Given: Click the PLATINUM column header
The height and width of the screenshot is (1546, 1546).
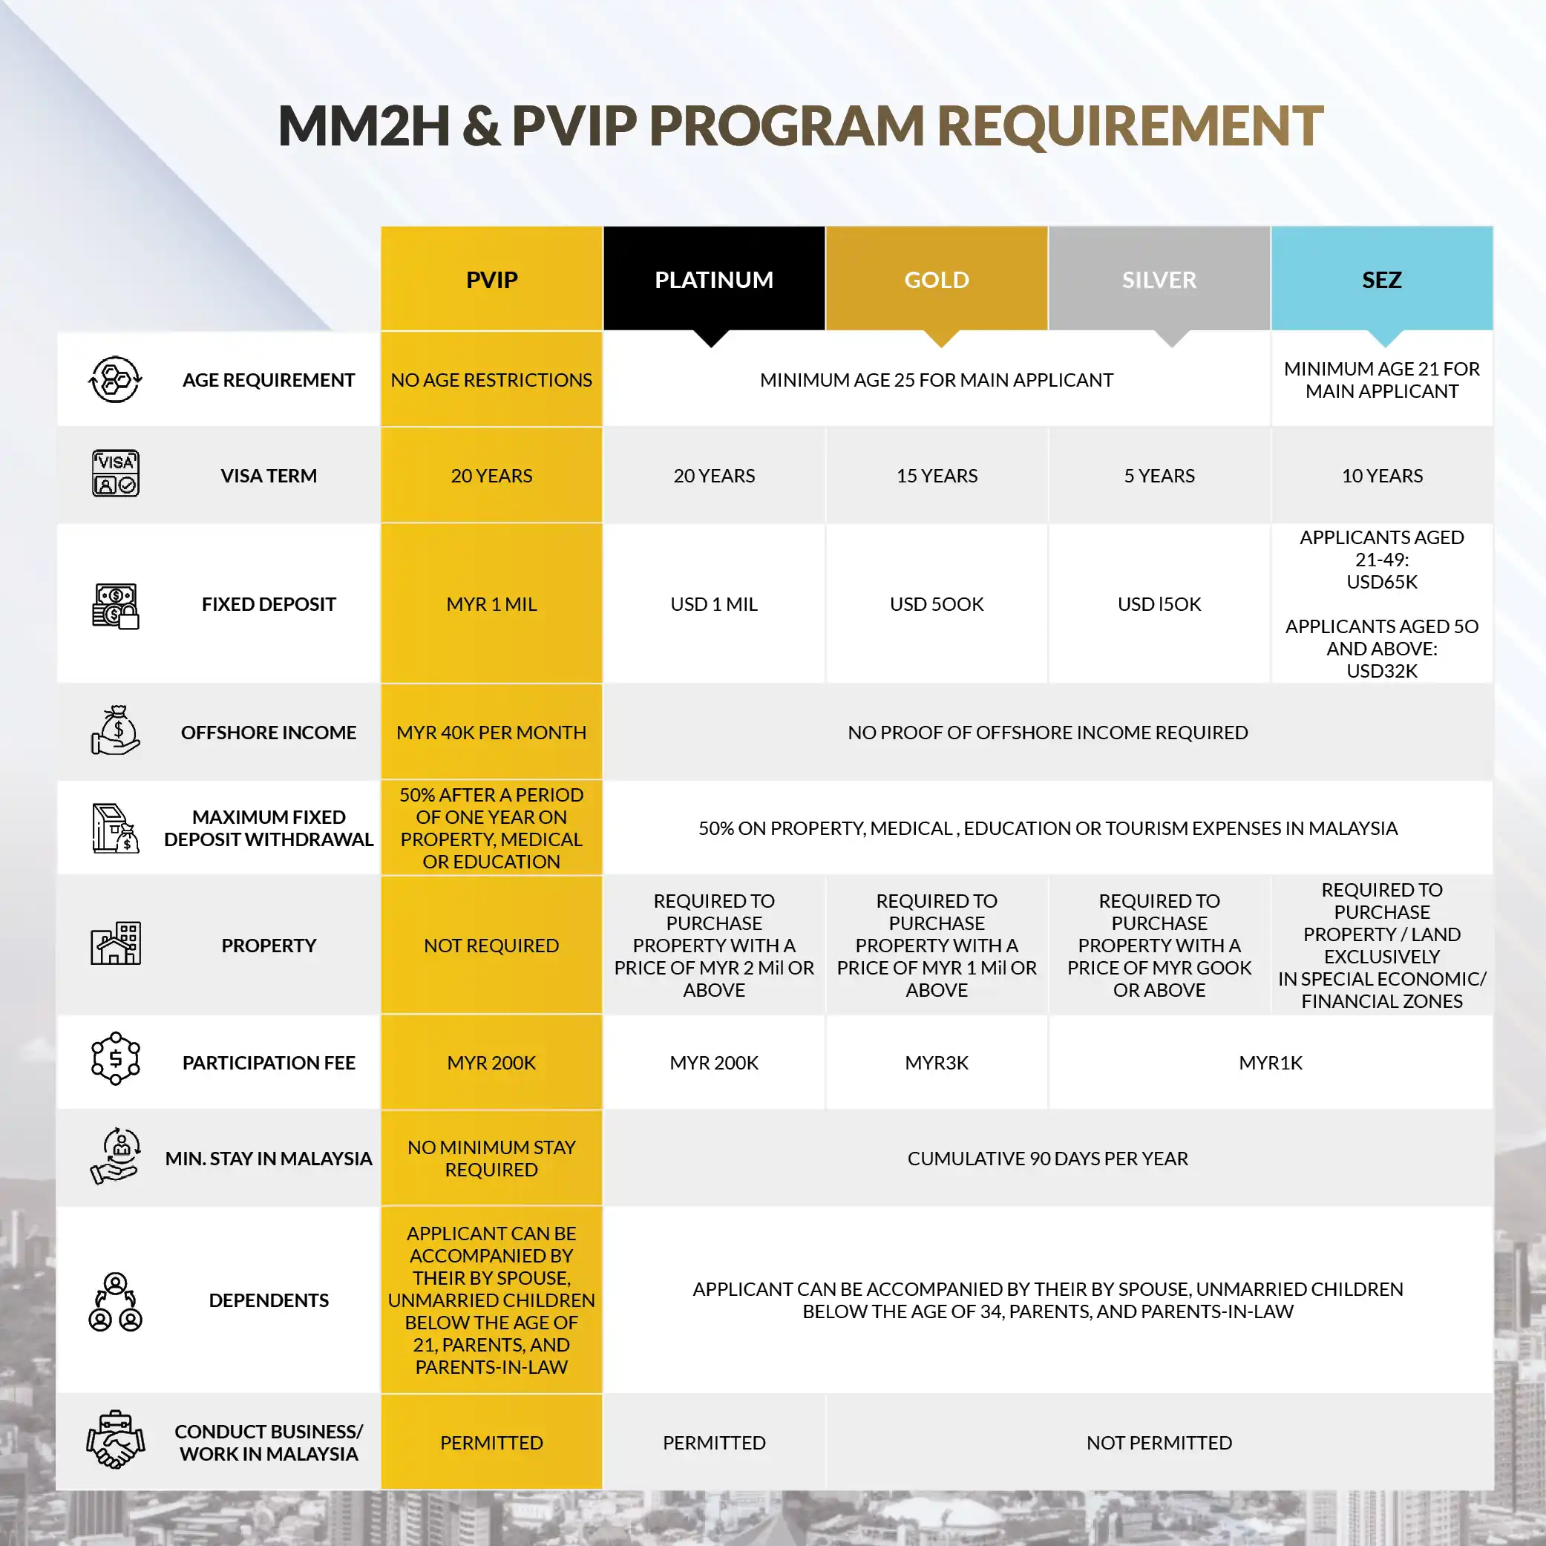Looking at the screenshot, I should (x=714, y=279).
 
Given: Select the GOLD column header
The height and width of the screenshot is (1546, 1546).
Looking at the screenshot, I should (x=936, y=279).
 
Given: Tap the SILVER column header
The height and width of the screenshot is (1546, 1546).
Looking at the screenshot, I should (x=1159, y=279).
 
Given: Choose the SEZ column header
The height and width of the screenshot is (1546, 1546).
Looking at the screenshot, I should (x=1381, y=279).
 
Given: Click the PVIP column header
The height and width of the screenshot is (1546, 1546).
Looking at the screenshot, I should (x=491, y=279).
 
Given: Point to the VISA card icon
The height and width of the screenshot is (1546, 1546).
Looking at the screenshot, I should (x=115, y=474).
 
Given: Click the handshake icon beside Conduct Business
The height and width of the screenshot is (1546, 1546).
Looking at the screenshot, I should (x=115, y=1441).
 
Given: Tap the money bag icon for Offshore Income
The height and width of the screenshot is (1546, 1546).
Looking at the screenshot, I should (x=115, y=730).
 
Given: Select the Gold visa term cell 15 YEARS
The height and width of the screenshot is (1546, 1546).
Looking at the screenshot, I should (x=936, y=475).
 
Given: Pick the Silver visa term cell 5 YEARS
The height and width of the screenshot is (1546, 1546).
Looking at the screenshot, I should (x=1159, y=475).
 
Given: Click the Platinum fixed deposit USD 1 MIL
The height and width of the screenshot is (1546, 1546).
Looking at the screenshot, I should (x=714, y=604).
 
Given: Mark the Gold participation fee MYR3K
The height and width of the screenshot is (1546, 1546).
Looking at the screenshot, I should (x=936, y=1063).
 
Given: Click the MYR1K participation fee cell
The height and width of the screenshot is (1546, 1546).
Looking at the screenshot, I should (x=1270, y=1063).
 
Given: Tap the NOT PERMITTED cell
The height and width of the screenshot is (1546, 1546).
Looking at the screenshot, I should (x=1159, y=1442).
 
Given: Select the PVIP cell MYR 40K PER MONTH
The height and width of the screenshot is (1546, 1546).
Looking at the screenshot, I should (x=491, y=733).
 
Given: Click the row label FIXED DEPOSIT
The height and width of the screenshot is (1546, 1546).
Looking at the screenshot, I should (x=269, y=604).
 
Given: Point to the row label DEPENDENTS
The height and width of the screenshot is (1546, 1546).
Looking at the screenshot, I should (x=269, y=1300).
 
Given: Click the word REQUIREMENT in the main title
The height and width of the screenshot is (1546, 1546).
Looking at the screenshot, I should (x=1129, y=125).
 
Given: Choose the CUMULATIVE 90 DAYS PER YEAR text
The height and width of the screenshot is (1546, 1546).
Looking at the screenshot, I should (x=1047, y=1158).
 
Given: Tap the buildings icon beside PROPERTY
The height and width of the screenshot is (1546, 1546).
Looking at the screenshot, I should (x=115, y=943).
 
